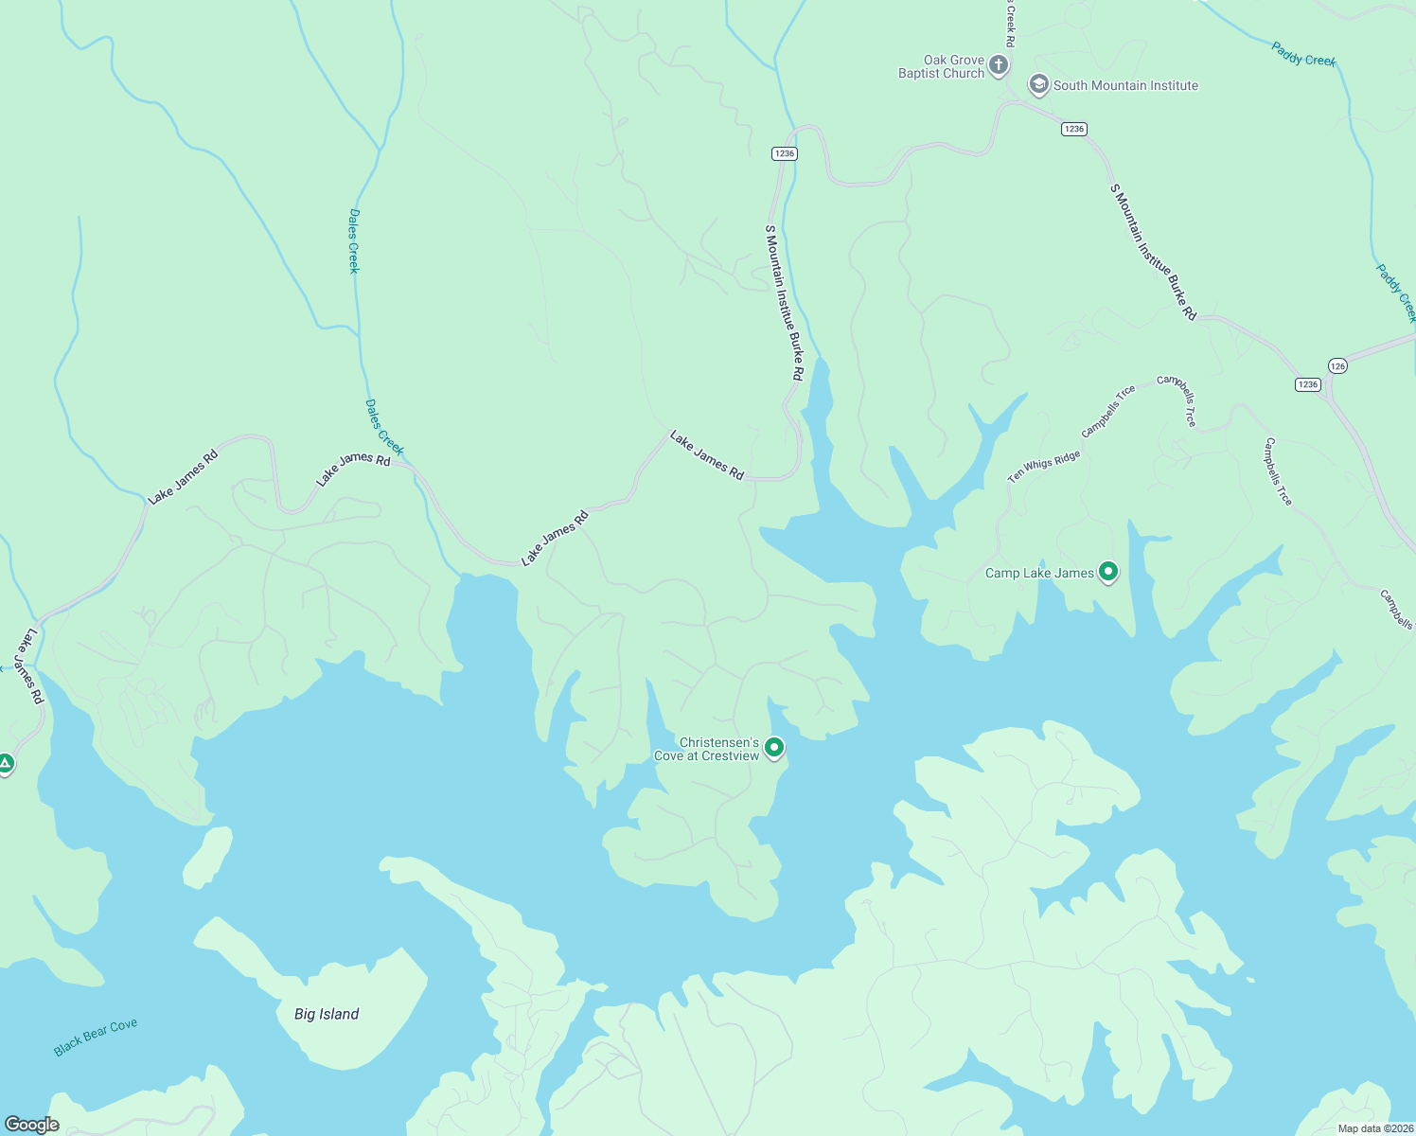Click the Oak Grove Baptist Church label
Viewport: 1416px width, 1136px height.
pos(941,66)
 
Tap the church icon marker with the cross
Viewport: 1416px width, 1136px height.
pos(998,65)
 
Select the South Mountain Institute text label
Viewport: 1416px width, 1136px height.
pos(1125,85)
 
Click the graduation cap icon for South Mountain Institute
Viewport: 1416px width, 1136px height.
pos(1038,85)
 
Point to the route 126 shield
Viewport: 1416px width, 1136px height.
pos(1336,365)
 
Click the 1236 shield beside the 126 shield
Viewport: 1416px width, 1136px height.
pos(1307,384)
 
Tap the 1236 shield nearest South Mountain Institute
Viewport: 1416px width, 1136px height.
pos(1073,129)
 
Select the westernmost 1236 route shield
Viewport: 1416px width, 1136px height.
pos(784,153)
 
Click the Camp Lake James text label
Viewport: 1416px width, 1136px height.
pos(1039,573)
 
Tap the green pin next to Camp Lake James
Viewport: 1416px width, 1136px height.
pos(1108,572)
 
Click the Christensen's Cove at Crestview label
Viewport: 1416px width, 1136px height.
pos(706,749)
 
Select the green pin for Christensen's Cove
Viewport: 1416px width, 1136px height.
pos(774,748)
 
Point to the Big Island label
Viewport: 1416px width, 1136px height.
pos(327,1014)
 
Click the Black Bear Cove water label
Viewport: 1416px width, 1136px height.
pos(96,1037)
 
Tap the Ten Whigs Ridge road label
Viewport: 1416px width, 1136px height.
pos(1043,467)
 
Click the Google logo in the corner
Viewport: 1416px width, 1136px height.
pos(32,1125)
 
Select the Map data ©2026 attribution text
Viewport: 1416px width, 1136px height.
pos(1374,1128)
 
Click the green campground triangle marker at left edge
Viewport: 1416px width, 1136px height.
pos(6,763)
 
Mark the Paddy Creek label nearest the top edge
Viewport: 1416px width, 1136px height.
pos(1303,55)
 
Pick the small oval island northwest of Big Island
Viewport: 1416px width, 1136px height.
pos(207,858)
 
